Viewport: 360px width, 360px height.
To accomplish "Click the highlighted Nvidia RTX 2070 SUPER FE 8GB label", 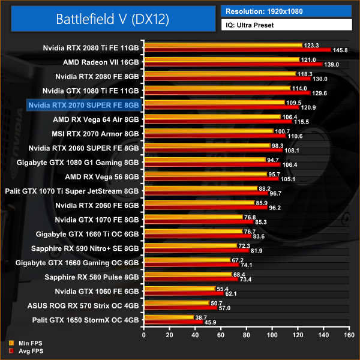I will coord(84,105).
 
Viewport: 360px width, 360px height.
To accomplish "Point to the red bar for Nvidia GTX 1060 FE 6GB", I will coord(183,294).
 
